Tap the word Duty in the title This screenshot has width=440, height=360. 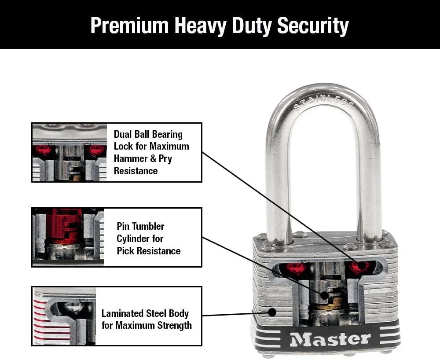[x=249, y=26]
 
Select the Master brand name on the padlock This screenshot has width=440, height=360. [x=330, y=339]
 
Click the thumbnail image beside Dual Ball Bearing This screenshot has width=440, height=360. [x=69, y=152]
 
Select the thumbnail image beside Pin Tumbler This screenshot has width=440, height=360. [x=68, y=237]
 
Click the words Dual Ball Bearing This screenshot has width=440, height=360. [x=148, y=134]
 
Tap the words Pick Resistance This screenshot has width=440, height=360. [x=148, y=251]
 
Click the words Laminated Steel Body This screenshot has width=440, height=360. [x=145, y=313]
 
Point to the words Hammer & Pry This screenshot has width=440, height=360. [x=143, y=158]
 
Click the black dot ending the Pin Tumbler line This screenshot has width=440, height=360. [x=324, y=295]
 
